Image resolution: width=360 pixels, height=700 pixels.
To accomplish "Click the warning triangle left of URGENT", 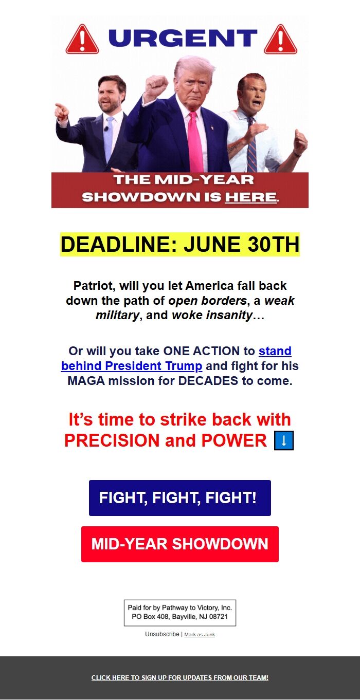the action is pos(82,39).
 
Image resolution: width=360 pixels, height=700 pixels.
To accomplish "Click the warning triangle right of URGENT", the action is pos(281,39).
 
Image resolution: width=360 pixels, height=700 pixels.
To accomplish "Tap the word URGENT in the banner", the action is pos(183,38).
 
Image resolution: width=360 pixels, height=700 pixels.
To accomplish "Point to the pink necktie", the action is pos(195,142).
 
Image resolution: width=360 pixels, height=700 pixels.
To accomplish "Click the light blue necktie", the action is pos(109,139).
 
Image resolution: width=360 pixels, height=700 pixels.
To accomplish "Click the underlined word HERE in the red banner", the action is pos(251,197).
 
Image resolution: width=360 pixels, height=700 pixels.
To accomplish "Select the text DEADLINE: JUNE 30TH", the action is pos(180,244).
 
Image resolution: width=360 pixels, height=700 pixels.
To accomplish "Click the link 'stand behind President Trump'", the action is pos(176,358).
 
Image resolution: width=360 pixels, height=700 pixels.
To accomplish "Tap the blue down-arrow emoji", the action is pos(284,440).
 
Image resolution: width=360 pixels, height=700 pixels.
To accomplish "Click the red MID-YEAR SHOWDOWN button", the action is pos(180,544).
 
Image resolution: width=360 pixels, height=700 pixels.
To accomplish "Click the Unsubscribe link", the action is pos(162,634).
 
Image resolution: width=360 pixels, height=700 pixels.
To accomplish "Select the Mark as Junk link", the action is pos(200,635).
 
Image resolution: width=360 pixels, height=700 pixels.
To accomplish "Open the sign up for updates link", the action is pos(180,678).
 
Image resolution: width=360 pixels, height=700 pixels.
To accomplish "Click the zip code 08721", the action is pos(218,617).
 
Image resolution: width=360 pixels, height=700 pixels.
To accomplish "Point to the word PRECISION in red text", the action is pos(112,440).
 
